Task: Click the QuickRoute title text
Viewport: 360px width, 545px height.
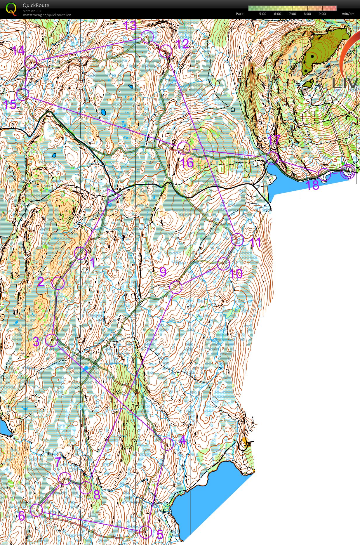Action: tap(36, 5)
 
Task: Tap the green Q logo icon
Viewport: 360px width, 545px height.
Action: tap(11, 9)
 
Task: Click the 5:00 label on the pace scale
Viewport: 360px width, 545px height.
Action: tap(262, 14)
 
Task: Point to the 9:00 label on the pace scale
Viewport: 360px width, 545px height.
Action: tap(322, 14)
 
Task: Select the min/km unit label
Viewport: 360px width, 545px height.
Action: tap(348, 14)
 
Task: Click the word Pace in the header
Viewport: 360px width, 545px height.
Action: tap(239, 14)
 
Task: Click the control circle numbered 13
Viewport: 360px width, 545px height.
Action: tap(147, 37)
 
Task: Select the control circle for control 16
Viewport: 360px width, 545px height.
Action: tap(184, 148)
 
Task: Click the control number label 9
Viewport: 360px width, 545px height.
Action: tap(163, 272)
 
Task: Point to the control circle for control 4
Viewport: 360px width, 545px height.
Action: tap(167, 444)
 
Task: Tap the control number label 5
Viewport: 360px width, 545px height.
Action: tap(160, 534)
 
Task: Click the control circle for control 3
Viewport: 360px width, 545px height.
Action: tap(52, 340)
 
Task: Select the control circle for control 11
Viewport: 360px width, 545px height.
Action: tap(237, 240)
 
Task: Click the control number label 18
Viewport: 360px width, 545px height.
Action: tap(312, 185)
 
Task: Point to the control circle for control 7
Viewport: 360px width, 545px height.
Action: tap(65, 479)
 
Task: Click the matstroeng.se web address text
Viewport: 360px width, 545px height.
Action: tap(47, 15)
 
